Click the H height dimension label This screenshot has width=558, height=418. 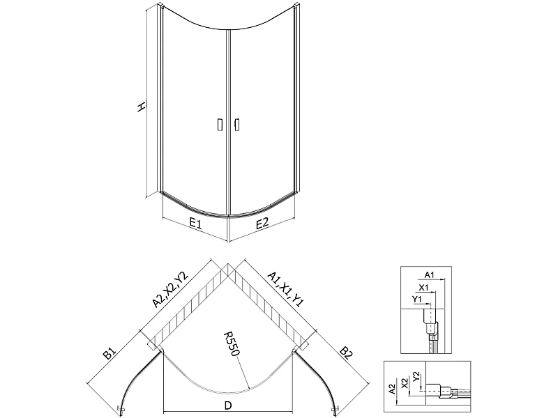pos(142,106)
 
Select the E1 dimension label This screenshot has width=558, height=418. pos(195,224)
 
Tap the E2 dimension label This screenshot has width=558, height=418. pos(262,223)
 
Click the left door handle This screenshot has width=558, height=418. pos(220,124)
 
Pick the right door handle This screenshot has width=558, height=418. pos(236,124)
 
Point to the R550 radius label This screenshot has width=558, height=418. pos(232,344)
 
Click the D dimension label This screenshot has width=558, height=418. pos(228,405)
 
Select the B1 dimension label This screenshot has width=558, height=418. pos(110,354)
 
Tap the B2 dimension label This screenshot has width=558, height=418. pos(346,354)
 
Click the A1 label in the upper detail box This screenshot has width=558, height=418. pos(430,274)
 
